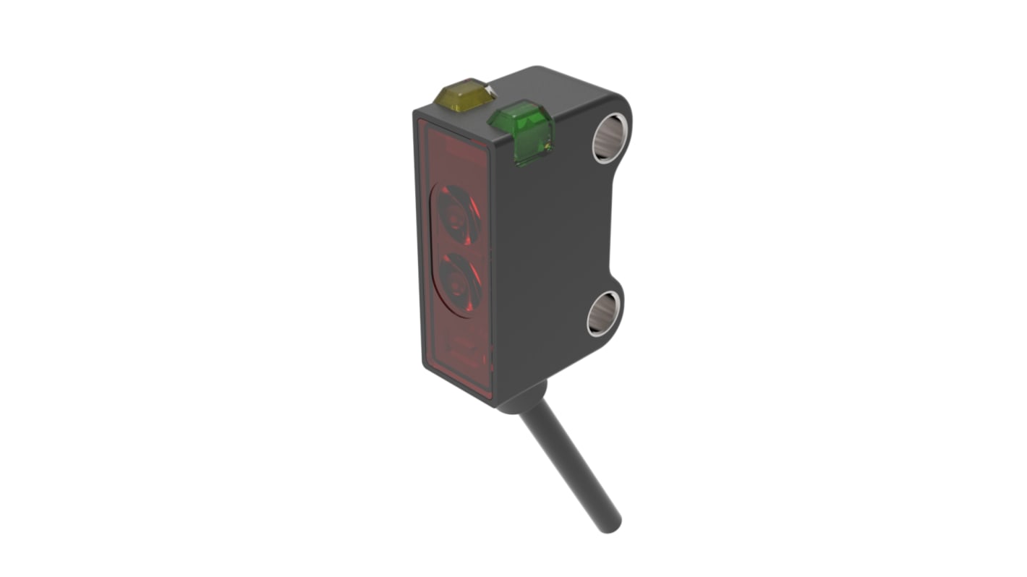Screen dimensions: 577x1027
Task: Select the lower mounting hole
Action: click(602, 313)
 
